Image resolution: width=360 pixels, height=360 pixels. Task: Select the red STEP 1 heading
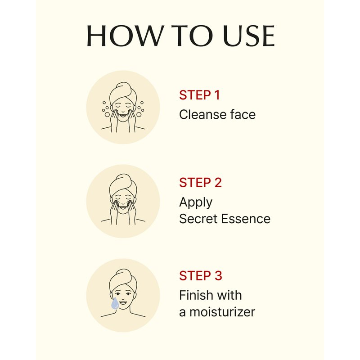pyautogui.click(x=199, y=95)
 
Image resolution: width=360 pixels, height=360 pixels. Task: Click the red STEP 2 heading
pyautogui.click(x=200, y=183)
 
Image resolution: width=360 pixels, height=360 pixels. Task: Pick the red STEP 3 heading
pyautogui.click(x=200, y=276)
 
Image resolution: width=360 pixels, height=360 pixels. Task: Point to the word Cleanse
pyautogui.click(x=203, y=114)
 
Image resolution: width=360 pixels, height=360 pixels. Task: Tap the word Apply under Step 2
pyautogui.click(x=196, y=203)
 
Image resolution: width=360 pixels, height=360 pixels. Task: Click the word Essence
pyautogui.click(x=246, y=219)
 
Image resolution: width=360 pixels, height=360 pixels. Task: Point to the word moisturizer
pyautogui.click(x=222, y=312)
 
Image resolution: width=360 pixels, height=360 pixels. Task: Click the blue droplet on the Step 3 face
pyautogui.click(x=115, y=304)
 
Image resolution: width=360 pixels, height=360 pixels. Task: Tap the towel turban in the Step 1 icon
pyautogui.click(x=123, y=93)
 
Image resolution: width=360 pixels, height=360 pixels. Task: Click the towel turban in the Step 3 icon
pyautogui.click(x=123, y=280)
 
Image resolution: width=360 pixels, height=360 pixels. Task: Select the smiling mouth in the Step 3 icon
pyautogui.click(x=123, y=303)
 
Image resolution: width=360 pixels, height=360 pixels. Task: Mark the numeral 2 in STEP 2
pyautogui.click(x=218, y=183)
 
